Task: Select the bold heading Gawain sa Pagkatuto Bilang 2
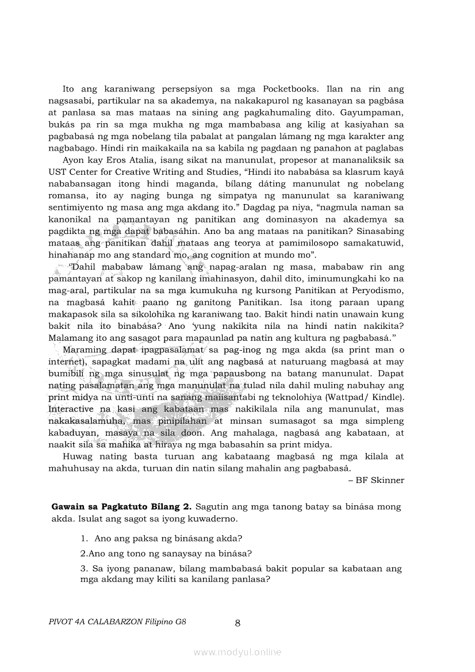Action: (x=121, y=506)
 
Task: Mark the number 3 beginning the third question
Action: (x=83, y=569)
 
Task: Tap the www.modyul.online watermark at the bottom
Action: (x=237, y=652)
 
